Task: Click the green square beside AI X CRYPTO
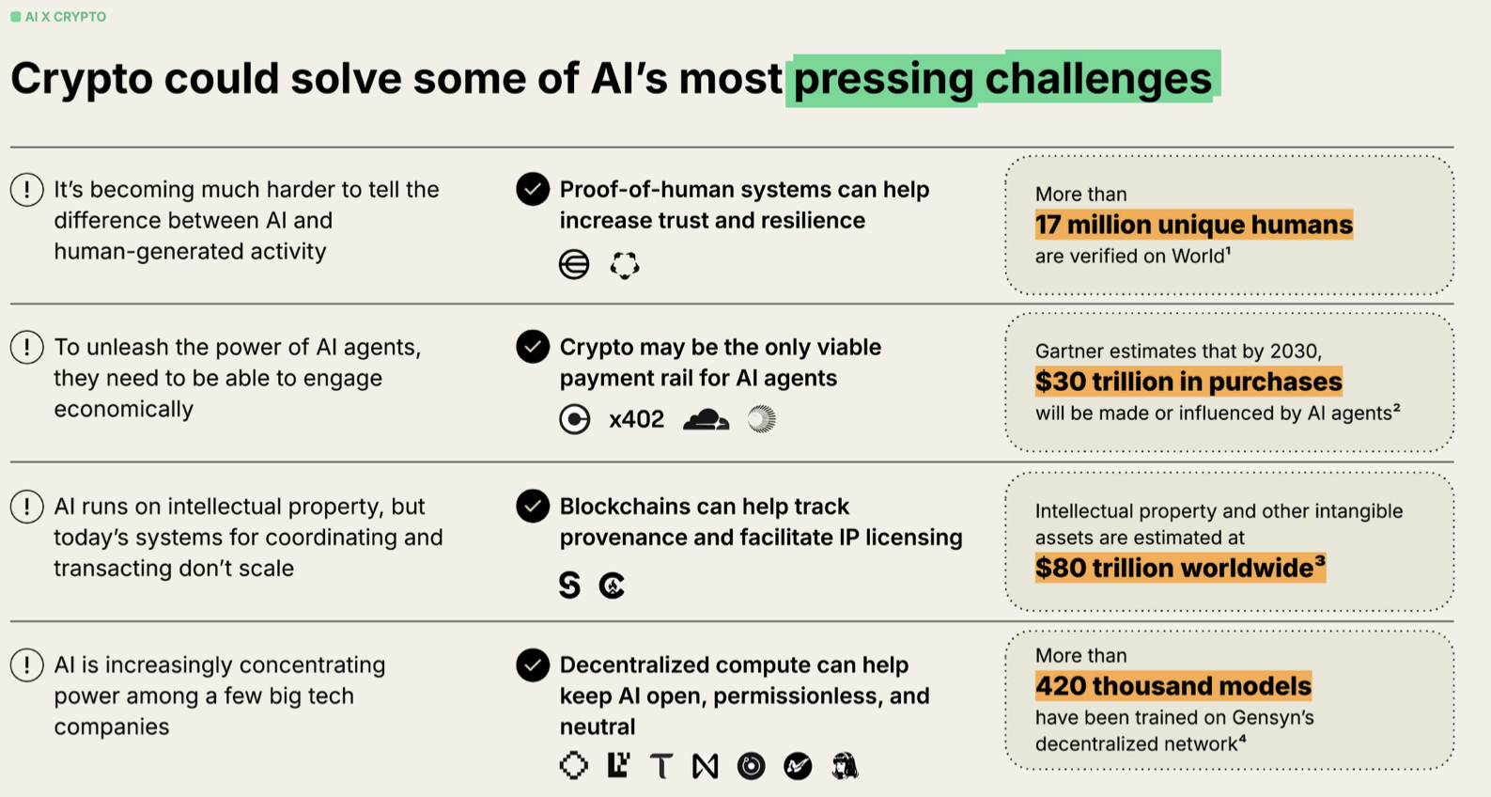coord(15,17)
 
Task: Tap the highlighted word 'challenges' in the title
coord(1098,79)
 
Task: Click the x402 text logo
coord(636,419)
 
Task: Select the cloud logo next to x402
coord(707,419)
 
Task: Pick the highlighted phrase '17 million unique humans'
coord(1193,225)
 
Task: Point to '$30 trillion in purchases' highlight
coord(1188,382)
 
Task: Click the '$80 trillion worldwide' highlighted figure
coord(1180,568)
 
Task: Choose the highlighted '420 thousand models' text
coord(1173,686)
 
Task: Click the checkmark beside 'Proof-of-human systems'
coord(533,189)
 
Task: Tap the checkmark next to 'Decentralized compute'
coord(533,665)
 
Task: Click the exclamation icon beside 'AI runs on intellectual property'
coord(27,507)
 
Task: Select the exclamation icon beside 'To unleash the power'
coord(27,347)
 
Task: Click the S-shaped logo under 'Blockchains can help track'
coord(569,586)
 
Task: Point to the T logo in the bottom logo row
coord(661,766)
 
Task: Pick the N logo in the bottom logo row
coord(705,766)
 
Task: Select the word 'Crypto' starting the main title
coord(82,80)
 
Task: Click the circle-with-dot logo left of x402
coord(574,419)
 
